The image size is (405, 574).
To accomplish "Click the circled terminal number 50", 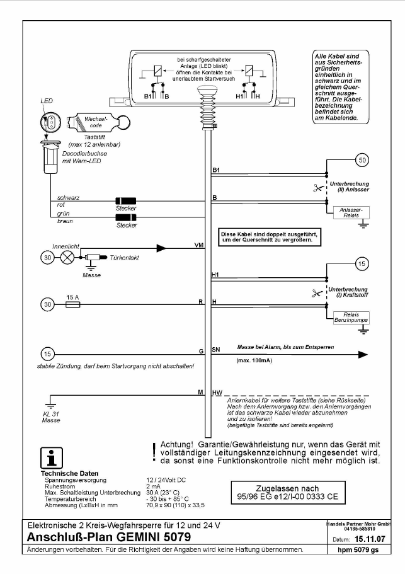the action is [362, 160].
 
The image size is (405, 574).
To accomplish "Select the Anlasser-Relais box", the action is [351, 213].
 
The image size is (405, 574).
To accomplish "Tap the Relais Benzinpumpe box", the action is [351, 318].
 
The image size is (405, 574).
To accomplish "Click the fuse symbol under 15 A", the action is [73, 304].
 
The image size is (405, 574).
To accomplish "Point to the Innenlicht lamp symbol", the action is [67, 257].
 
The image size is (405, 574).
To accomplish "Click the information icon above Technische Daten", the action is [52, 458].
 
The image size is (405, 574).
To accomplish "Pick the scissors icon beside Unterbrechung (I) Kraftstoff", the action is [317, 293].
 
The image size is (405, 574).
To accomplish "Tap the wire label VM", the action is [199, 245].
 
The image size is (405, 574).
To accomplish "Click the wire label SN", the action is [216, 350].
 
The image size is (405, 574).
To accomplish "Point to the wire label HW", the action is [217, 393].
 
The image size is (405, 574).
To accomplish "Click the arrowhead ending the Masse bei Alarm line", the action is [363, 354].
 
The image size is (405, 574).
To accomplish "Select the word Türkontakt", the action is [124, 258].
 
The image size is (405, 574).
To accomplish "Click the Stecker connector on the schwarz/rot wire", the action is [126, 201].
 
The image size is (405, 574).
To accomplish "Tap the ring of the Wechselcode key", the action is [123, 122].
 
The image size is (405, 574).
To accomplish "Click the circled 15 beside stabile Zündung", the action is [48, 354].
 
